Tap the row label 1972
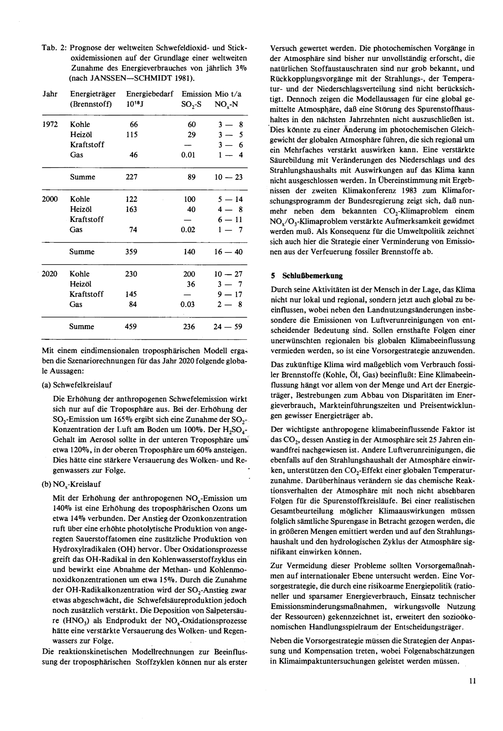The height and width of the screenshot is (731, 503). tap(50, 124)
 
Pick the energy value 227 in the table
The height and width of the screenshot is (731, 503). tap(132, 177)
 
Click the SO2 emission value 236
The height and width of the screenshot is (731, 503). tap(189, 326)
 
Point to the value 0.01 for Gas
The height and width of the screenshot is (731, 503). tap(188, 155)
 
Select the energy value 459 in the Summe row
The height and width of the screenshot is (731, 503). tap(131, 326)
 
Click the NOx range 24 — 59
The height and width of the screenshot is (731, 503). tap(228, 326)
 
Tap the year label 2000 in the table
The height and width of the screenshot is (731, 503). tap(50, 199)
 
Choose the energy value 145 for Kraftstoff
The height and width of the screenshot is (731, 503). tap(131, 294)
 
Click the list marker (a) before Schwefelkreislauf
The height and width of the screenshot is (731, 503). tap(46, 385)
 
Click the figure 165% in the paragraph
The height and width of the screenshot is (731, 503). tap(132, 419)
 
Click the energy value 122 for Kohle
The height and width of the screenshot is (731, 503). tap(132, 199)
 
